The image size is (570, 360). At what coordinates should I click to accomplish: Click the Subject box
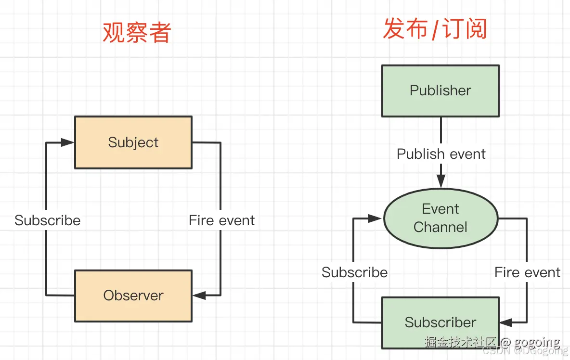tap(133, 142)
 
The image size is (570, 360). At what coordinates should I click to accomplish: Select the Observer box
tap(133, 296)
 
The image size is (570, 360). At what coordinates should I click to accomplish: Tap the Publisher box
tap(440, 90)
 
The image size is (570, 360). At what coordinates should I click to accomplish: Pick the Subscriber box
tap(440, 322)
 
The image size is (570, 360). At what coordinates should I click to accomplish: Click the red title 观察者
tap(137, 33)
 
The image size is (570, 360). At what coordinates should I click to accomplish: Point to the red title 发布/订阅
tap(435, 29)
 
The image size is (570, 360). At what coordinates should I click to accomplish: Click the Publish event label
tap(441, 154)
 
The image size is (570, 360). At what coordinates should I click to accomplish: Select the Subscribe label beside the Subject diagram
tap(48, 220)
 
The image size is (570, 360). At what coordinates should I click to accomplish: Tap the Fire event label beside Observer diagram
tap(221, 220)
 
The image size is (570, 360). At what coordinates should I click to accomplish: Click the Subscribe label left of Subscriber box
tap(354, 272)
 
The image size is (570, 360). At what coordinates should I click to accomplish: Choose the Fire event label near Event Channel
tap(527, 272)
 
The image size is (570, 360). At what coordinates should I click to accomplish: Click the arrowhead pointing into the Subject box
tap(68, 142)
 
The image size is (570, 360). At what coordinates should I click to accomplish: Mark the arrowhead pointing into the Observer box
tap(199, 295)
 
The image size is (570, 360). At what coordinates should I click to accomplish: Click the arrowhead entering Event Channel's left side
tap(375, 219)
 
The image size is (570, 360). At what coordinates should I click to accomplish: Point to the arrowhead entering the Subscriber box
tap(506, 322)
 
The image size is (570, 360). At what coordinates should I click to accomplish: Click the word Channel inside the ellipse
tap(440, 227)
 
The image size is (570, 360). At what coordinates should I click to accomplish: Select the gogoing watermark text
tap(537, 342)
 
